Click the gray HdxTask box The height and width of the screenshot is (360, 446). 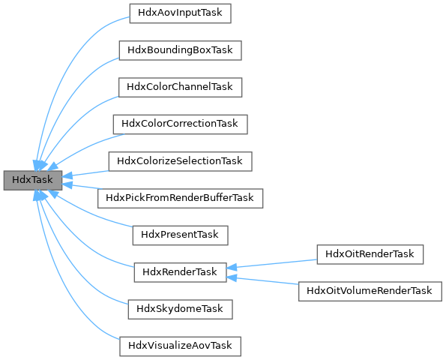pos(32,180)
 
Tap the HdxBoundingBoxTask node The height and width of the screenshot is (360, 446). pos(180,50)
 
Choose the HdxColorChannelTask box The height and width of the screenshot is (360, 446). pos(180,87)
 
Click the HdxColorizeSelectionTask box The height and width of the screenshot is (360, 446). pos(180,160)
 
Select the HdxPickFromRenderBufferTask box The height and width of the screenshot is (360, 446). pos(180,198)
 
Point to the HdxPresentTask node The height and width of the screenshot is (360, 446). pos(180,235)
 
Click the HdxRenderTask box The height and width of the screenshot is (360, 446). pos(180,272)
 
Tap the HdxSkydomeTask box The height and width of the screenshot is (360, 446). pos(180,308)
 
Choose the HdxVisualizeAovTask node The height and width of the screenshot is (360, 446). pos(180,346)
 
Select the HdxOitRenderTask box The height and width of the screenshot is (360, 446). pos(370,253)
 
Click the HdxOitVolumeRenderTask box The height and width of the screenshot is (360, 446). pos(370,290)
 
